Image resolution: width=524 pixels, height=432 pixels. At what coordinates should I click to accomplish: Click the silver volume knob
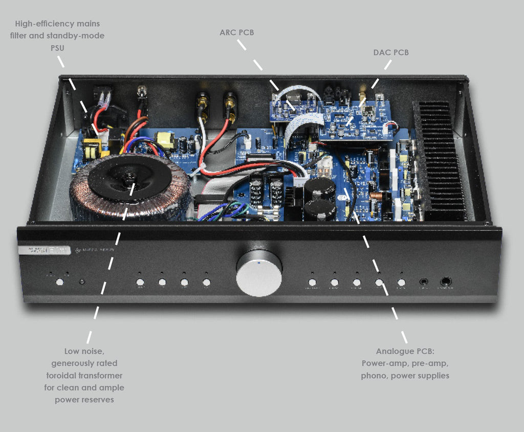point(259,273)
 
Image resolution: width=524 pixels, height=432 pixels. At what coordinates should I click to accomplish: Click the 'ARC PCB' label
point(236,33)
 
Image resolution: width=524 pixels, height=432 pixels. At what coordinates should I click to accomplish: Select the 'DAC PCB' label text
point(391,52)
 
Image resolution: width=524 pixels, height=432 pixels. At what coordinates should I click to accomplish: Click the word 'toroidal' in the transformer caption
point(65,375)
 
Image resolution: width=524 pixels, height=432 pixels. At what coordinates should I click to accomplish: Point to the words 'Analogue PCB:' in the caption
point(405,351)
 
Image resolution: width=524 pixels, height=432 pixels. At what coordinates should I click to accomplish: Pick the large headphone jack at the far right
point(446,282)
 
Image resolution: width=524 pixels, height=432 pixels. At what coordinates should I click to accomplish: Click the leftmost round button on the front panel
point(60,282)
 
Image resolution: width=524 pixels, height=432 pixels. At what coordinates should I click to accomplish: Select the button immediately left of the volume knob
point(206,282)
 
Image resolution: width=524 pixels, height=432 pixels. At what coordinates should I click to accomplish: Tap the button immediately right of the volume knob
point(312,282)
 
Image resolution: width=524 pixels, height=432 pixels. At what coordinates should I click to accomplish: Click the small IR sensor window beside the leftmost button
point(82,282)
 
